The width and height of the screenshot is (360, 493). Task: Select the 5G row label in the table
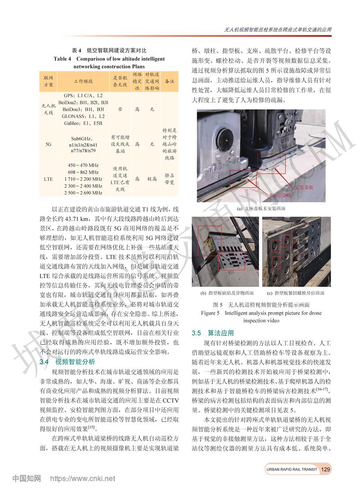pyautogui.click(x=48, y=145)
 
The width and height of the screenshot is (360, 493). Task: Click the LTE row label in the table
pyautogui.click(x=48, y=179)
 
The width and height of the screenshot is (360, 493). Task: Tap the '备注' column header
pyautogui.click(x=170, y=81)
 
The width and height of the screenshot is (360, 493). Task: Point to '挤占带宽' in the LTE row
pyautogui.click(x=170, y=179)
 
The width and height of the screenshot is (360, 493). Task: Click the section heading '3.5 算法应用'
pyautogui.click(x=212, y=333)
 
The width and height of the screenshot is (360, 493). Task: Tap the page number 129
pyautogui.click(x=326, y=469)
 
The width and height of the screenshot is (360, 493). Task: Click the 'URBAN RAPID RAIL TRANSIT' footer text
pyautogui.click(x=292, y=470)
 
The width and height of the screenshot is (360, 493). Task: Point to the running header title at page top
pyautogui.click(x=278, y=30)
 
